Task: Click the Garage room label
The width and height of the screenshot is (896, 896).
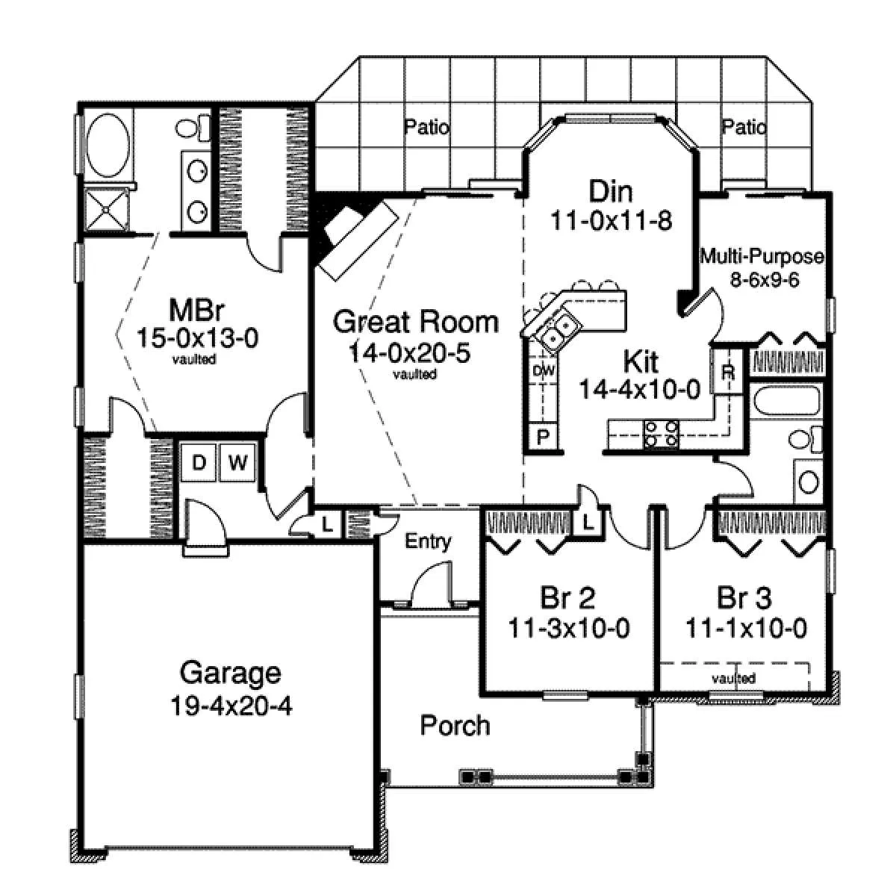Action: [231, 673]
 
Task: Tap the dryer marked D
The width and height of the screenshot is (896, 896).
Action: [199, 462]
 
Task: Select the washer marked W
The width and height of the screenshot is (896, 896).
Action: [237, 462]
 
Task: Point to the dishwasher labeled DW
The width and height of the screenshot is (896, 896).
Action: [544, 370]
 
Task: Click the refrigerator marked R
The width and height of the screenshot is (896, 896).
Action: [728, 372]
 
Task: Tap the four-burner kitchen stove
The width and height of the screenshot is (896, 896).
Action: [661, 434]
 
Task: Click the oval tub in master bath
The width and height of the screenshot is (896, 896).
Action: [108, 145]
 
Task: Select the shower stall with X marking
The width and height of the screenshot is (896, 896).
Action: [107, 210]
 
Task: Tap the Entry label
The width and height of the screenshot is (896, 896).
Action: [428, 541]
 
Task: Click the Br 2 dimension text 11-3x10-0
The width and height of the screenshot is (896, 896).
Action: [569, 629]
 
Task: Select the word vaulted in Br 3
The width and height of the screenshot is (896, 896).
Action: [733, 679]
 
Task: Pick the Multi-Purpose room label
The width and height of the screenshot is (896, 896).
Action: [762, 256]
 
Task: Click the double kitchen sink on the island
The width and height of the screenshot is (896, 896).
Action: [557, 328]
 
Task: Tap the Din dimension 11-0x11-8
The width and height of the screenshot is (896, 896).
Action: [611, 220]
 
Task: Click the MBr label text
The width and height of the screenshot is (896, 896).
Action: [197, 310]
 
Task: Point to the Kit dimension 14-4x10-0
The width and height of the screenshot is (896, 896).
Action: [639, 389]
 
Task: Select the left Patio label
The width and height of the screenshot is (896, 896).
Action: [426, 127]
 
